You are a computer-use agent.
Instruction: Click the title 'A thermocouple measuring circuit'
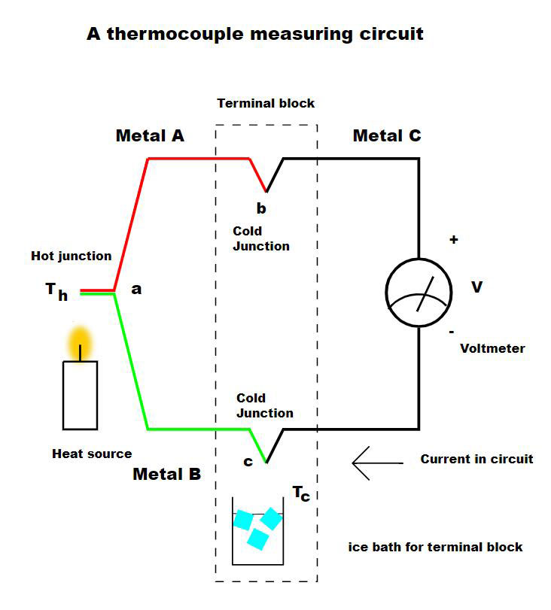(254, 34)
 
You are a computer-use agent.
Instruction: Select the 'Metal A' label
(150, 136)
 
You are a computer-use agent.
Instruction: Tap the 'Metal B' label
(166, 475)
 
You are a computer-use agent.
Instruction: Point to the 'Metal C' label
(387, 136)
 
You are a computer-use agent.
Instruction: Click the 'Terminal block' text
(266, 103)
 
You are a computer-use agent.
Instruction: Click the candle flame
(79, 342)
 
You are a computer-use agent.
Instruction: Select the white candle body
(80, 395)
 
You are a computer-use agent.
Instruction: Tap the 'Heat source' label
(92, 454)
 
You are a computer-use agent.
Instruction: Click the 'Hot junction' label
(71, 256)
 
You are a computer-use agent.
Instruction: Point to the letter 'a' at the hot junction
(136, 288)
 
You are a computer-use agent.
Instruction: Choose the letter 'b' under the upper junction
(261, 207)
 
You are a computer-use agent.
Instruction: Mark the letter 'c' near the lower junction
(248, 461)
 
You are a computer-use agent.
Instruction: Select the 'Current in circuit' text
(476, 459)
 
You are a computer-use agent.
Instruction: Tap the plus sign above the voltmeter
(453, 240)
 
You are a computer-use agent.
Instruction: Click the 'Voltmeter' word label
(492, 348)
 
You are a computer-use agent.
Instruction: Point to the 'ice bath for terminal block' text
(435, 547)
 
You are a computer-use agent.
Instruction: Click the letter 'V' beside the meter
(476, 287)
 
